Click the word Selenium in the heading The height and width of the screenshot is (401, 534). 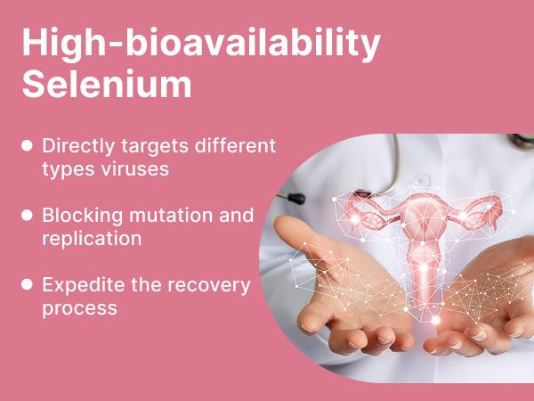click(106, 84)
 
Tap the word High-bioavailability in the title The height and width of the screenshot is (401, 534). click(201, 43)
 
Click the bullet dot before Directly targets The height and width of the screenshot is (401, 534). click(28, 144)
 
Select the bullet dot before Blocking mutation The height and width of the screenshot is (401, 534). click(28, 215)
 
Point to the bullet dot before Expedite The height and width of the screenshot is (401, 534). click(28, 285)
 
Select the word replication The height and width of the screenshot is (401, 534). click(91, 239)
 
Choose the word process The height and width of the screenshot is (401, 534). click(79, 309)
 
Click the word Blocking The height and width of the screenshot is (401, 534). click(77, 215)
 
